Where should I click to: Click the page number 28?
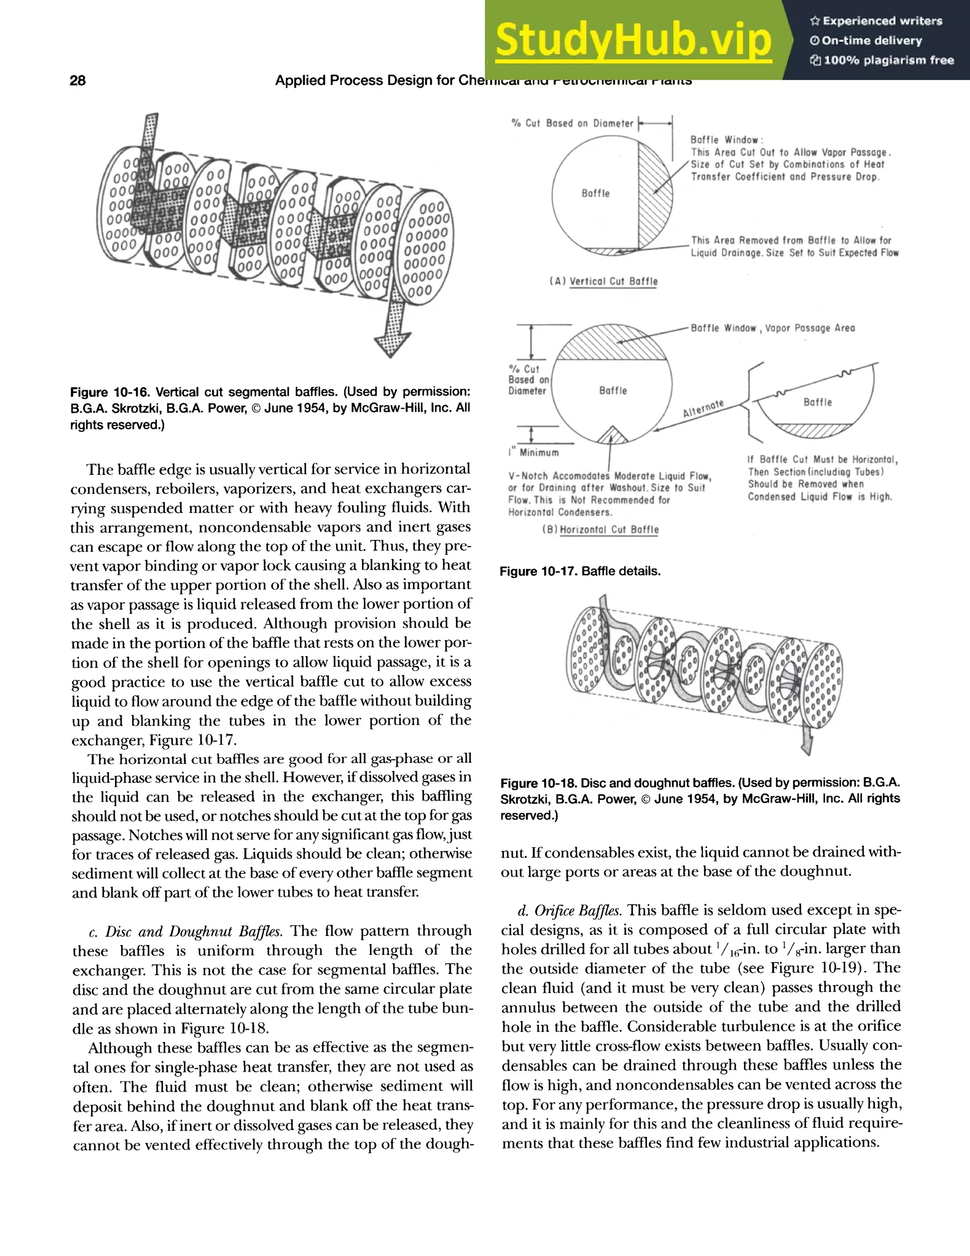click(78, 81)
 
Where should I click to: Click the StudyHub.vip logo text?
click(633, 40)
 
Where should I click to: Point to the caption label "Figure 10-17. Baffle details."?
click(580, 571)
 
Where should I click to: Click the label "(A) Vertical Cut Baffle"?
click(604, 281)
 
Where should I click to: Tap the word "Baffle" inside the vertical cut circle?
click(595, 193)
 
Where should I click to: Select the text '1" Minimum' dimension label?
click(534, 453)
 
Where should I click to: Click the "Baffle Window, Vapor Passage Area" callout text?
click(772, 328)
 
